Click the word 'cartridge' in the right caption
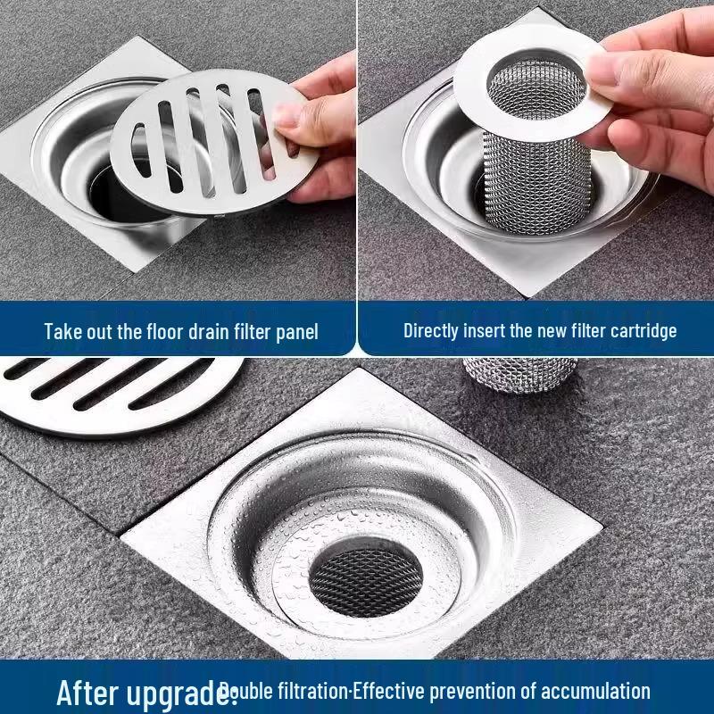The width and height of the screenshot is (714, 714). pyautogui.click(x=640, y=330)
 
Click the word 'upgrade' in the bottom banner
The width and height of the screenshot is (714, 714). pyautogui.click(x=183, y=693)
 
